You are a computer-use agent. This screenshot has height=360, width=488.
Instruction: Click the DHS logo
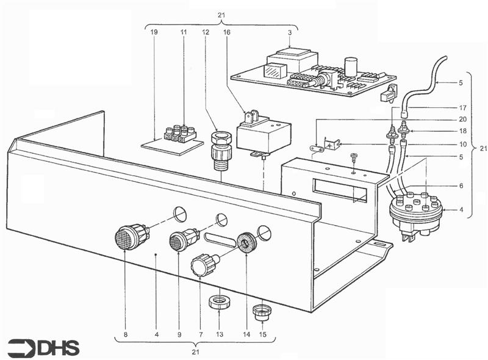point(43,348)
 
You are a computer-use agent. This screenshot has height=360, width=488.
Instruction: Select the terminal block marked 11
point(181,134)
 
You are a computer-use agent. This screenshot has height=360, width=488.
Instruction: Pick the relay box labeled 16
point(264,135)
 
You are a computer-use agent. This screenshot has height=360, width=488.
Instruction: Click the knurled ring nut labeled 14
point(247,242)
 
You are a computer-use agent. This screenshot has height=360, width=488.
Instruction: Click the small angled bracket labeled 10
point(331,145)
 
